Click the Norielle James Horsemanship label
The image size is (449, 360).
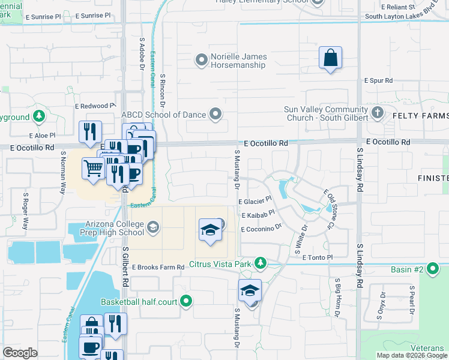[x=238, y=61]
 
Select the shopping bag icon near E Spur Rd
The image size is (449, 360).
[x=330, y=58]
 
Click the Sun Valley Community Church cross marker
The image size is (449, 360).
[x=378, y=112]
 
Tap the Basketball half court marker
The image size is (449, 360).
[x=187, y=301]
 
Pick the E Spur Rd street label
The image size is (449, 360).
[x=378, y=80]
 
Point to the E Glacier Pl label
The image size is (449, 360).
[x=255, y=202]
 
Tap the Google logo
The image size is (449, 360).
[x=20, y=353]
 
